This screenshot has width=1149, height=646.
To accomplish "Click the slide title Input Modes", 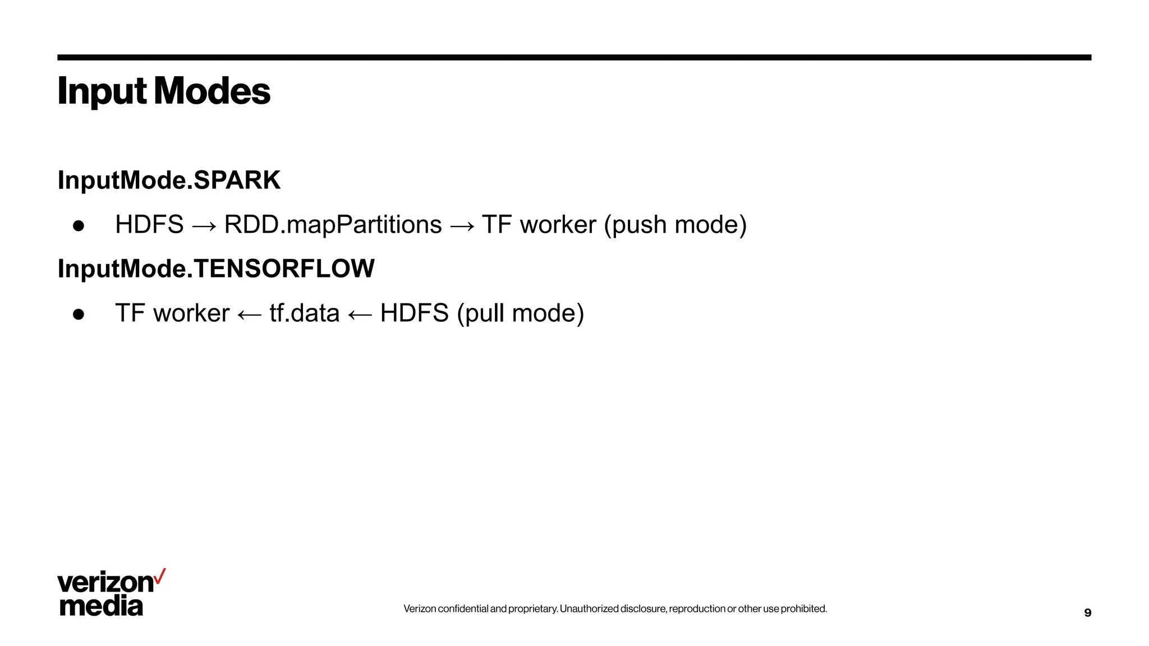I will pos(164,91).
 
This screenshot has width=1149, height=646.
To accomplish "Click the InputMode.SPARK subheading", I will pos(169,180).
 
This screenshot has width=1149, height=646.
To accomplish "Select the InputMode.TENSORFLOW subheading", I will pos(216,269).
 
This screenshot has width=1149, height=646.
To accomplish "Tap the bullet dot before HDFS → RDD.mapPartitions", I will pos(79,226).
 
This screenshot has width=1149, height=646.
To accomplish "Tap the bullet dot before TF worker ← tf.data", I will pos(79,315).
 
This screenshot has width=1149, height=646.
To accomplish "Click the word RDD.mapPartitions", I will pos(333,225).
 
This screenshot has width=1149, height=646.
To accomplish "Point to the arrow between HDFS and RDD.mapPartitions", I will pos(204,227).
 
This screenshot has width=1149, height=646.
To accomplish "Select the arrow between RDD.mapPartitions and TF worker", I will pos(462,227).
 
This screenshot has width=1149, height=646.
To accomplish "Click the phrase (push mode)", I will pos(675,225).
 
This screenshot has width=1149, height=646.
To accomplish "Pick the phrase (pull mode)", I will pos(520,313).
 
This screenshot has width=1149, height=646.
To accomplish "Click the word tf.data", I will pos(304,313).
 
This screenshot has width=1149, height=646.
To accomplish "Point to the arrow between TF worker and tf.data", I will pos(249,315).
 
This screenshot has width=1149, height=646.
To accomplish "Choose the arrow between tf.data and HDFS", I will pos(360,315).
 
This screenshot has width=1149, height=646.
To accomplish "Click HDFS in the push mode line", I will pos(149,225).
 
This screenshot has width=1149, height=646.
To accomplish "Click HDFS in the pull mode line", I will pos(414,313).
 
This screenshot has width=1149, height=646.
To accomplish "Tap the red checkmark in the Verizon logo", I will pos(160,576).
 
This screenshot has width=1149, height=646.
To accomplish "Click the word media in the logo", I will pos(102,606).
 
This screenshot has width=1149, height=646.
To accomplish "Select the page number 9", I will pos(1087,613).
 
